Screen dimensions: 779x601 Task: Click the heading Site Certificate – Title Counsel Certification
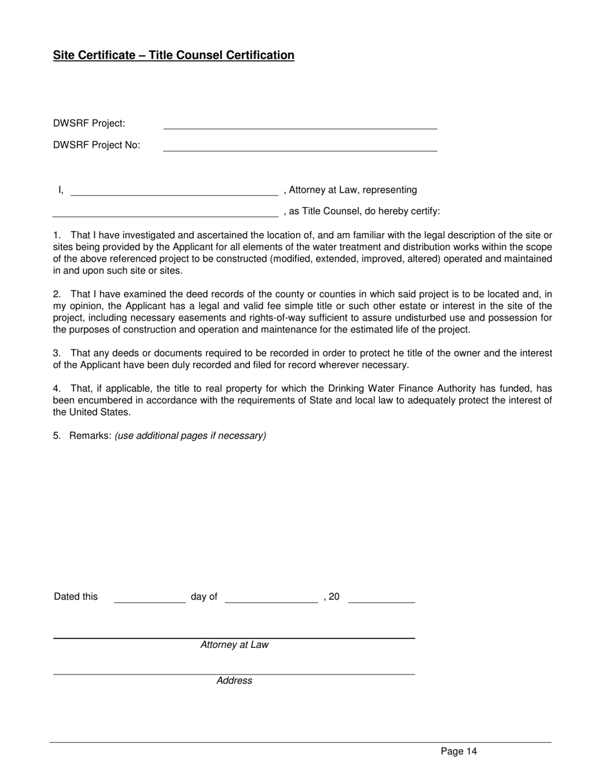pyautogui.click(x=173, y=55)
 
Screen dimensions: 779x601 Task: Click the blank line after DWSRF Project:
pyautogui.click(x=300, y=125)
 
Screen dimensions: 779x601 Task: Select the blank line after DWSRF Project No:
pyautogui.click(x=300, y=147)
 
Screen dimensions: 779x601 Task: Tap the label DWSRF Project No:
pyautogui.click(x=97, y=145)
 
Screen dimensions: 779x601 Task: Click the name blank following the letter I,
pyautogui.click(x=174, y=191)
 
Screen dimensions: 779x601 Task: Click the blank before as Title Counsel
pyautogui.click(x=165, y=213)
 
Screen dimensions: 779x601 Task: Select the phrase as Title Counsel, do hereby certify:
pyautogui.click(x=364, y=212)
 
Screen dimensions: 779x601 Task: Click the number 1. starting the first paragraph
pyautogui.click(x=57, y=236)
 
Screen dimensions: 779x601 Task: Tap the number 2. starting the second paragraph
pyautogui.click(x=57, y=294)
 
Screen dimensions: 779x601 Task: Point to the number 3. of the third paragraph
pyautogui.click(x=57, y=353)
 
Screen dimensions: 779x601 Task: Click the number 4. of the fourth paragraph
pyautogui.click(x=57, y=389)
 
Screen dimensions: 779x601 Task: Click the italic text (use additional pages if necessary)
pyautogui.click(x=190, y=436)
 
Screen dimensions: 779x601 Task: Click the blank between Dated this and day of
pyautogui.click(x=149, y=598)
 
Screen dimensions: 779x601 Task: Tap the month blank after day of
pyautogui.click(x=271, y=598)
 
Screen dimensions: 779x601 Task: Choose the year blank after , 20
pyautogui.click(x=381, y=598)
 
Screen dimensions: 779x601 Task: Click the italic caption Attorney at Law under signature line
pyautogui.click(x=234, y=645)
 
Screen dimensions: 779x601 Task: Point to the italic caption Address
pyautogui.click(x=234, y=681)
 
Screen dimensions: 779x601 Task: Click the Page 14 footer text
pyautogui.click(x=459, y=752)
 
